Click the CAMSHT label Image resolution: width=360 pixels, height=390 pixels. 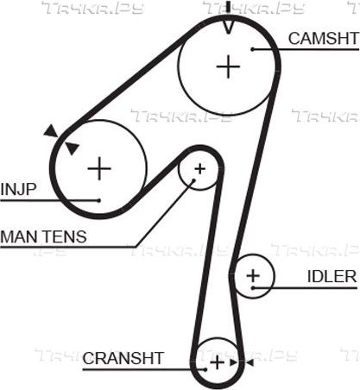tap(324, 39)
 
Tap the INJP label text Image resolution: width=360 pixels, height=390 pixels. tap(18, 189)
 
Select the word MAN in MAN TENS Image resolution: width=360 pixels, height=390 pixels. tap(20, 236)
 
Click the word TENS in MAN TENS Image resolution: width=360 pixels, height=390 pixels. tap(65, 236)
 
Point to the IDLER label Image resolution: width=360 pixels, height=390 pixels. tap(332, 276)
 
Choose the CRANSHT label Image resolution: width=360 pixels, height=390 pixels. tap(123, 358)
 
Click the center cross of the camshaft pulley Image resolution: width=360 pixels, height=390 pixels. tap(228, 66)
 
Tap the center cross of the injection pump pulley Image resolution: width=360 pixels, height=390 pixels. tap(99, 168)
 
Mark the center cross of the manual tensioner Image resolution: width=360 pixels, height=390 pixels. tap(199, 169)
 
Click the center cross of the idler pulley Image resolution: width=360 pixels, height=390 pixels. tap(253, 276)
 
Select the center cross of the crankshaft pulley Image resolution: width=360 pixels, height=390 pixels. tap(218, 362)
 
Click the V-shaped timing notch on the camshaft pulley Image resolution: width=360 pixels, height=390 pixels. tap(228, 28)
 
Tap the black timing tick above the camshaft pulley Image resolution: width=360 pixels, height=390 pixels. tap(229, 7)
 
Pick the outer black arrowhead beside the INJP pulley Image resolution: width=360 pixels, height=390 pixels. tap(51, 131)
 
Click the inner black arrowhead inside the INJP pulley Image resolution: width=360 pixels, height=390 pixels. tap(72, 148)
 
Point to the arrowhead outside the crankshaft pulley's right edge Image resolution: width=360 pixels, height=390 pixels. tap(249, 362)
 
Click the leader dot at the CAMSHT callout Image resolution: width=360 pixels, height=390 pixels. tap(252, 49)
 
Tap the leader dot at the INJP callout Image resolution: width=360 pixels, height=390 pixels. tap(99, 200)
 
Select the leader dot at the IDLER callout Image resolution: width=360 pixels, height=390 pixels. tap(253, 287)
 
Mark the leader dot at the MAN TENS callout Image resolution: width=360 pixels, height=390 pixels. tap(194, 180)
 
